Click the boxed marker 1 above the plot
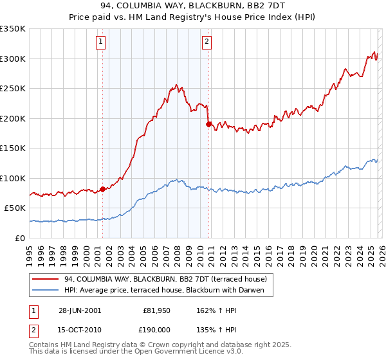coord(102,42)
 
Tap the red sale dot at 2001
coord(103,189)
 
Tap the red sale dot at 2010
coord(208,124)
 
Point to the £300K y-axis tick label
coord(12,59)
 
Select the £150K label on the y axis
coord(12,148)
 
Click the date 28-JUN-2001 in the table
coord(80,310)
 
